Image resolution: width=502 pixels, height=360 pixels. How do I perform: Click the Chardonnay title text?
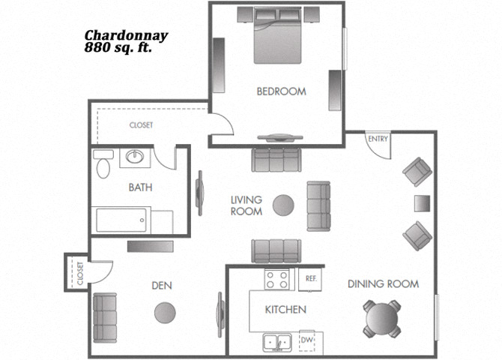[126, 36]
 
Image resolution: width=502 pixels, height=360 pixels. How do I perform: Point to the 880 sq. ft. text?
[118, 48]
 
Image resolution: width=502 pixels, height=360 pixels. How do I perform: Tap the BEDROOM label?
[282, 91]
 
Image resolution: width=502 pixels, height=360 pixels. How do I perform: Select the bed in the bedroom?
[278, 35]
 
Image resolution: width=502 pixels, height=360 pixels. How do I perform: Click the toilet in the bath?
[103, 163]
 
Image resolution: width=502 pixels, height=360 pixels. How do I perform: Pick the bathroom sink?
[135, 157]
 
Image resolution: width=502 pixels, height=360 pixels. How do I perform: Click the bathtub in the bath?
[121, 220]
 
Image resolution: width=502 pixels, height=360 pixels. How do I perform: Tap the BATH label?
[140, 187]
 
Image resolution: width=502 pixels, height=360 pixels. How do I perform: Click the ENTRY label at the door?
[378, 139]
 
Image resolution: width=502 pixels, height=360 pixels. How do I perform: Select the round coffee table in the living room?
[283, 205]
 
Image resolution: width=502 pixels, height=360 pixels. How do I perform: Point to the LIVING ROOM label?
[247, 205]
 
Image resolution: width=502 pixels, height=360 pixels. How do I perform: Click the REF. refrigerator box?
[310, 280]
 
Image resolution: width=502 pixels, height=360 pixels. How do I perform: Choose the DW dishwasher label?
[307, 340]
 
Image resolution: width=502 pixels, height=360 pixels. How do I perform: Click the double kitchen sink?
[277, 343]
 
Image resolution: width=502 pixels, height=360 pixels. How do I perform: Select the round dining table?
[382, 319]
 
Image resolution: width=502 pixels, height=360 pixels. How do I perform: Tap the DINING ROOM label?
[383, 284]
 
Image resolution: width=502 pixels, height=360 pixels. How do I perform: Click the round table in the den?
[165, 313]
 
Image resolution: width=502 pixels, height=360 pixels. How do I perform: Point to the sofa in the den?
[105, 318]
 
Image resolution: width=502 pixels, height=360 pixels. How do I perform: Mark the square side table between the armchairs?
[423, 203]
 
